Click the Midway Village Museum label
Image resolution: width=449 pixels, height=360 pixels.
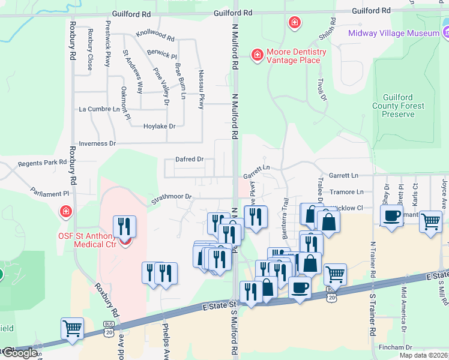(394, 33)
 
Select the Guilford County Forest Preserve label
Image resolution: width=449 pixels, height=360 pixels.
(403, 106)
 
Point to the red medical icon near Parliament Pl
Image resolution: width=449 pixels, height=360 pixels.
(65, 212)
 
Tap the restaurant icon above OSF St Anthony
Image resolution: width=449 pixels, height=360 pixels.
(124, 226)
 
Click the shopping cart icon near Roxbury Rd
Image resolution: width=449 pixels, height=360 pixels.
(72, 329)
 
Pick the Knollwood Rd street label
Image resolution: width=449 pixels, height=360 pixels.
(155, 35)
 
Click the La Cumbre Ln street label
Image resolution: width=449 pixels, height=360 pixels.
(100, 109)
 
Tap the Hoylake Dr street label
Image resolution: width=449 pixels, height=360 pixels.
(159, 126)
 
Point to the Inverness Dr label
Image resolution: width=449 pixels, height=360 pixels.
(97, 143)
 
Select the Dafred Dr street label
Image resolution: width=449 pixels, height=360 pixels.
(190, 160)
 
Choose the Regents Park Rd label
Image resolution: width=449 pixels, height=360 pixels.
(42, 163)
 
